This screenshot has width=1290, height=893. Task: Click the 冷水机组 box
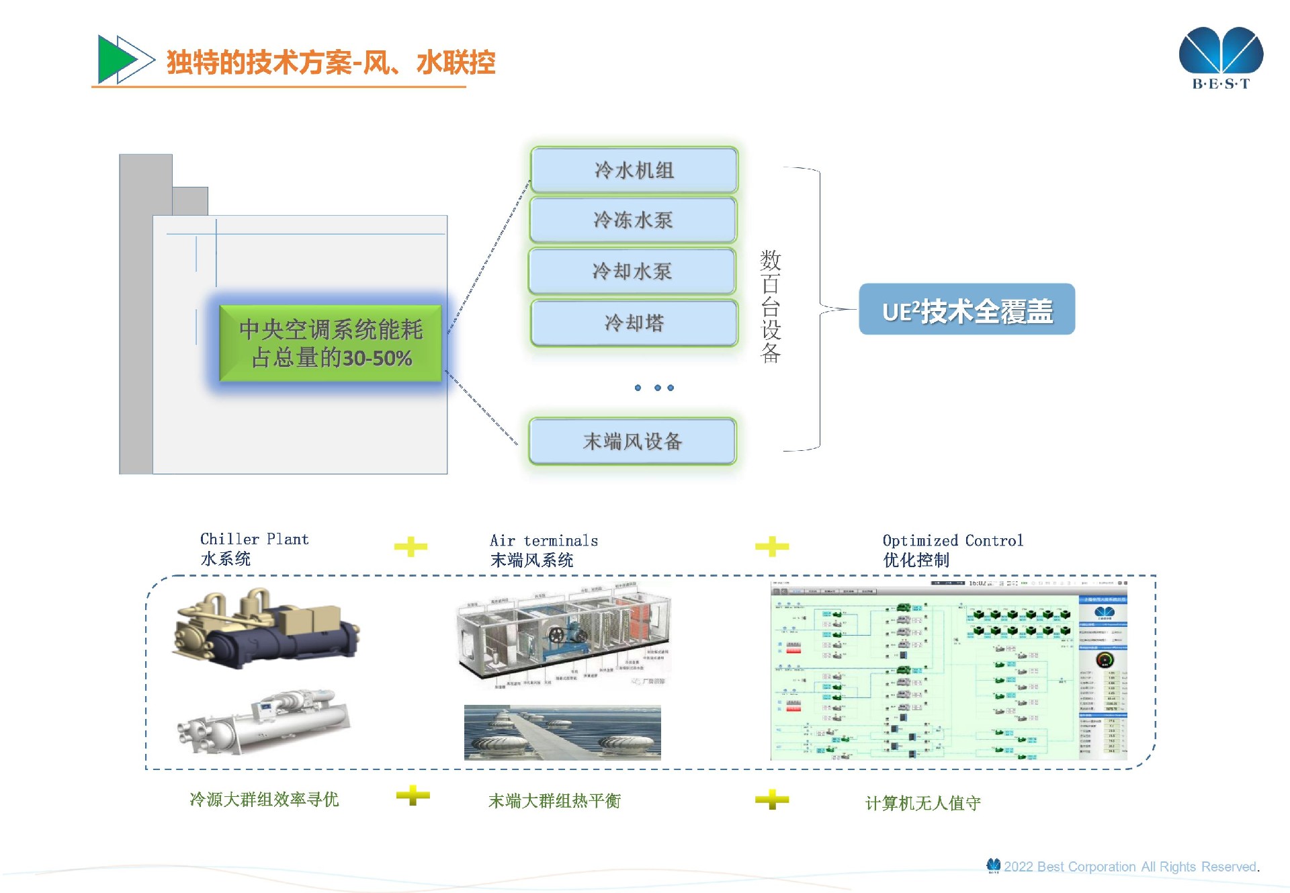point(634,170)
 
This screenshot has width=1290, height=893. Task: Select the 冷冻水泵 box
point(633,220)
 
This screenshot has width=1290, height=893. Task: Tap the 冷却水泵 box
point(632,271)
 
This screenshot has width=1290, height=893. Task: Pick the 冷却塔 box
point(634,323)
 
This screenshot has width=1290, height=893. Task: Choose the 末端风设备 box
point(632,441)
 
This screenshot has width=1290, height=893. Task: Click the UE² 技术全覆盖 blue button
point(966,310)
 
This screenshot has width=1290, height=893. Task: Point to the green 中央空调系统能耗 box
point(331,343)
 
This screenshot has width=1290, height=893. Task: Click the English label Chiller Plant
point(254,539)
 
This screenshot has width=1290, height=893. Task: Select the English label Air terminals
point(544,540)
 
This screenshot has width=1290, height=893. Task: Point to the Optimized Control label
point(952,540)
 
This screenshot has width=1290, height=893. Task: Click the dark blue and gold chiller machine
point(266,630)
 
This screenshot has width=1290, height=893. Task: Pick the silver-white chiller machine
point(263,722)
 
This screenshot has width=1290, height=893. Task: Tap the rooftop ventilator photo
point(562,732)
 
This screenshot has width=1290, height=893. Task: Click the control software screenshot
point(948,671)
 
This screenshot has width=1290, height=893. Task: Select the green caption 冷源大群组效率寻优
point(264,799)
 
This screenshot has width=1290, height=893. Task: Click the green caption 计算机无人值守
point(922,803)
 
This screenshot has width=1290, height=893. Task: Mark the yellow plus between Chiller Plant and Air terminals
point(411,546)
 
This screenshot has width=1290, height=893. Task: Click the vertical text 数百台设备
point(771,306)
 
